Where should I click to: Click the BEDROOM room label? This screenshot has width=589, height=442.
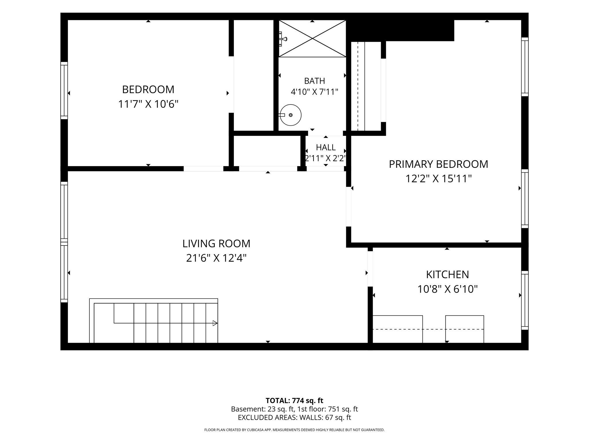148,89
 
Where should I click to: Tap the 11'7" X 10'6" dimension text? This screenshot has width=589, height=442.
148,104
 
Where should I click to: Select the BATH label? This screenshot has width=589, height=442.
315,81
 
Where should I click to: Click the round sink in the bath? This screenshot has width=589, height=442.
290,115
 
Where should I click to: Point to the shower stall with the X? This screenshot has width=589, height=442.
312,39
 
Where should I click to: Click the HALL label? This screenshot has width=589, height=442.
326,147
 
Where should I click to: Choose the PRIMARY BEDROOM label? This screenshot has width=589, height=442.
439,164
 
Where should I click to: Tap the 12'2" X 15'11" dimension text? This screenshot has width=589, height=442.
439,179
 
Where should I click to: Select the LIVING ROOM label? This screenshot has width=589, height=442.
216,243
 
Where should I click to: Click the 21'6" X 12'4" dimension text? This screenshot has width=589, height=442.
216,258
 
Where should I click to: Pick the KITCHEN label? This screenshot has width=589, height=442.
447,275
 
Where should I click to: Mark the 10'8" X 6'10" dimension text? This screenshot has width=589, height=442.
447,289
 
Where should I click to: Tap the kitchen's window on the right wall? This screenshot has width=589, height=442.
525,300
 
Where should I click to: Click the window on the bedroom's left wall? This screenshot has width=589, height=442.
64,90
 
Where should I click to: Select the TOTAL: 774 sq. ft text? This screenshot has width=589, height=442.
294,401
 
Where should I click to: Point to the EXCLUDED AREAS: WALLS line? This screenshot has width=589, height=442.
294,418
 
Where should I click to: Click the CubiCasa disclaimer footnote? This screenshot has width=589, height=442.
294,430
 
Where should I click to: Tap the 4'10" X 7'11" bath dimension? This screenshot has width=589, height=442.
314,92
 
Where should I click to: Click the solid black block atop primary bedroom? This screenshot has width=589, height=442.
400,31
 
